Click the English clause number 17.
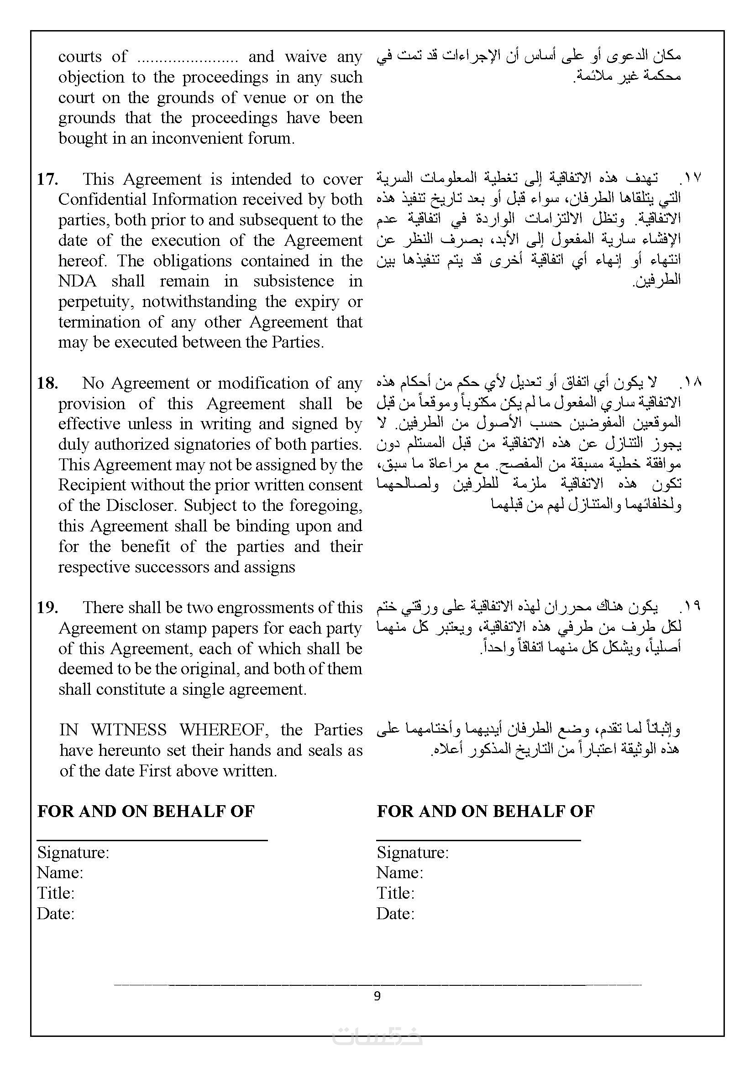pos(47,179)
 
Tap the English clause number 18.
pos(47,383)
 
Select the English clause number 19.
pos(47,608)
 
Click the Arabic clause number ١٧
pos(692,177)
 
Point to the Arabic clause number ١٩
pos(692,606)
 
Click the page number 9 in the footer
pos(377,996)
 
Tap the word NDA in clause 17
pos(77,281)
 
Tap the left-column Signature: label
pos(73,852)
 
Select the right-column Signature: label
pos(412,852)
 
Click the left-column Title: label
pos(56,893)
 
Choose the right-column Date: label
pos(395,914)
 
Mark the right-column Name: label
pos(399,873)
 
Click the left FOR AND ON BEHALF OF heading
pos(146,812)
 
